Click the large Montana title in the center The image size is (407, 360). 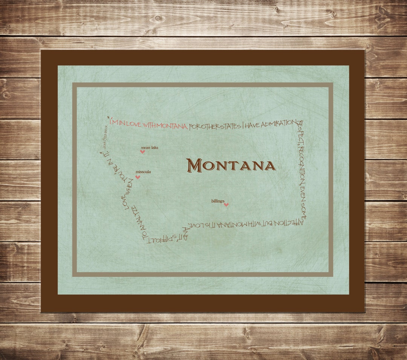coord(231,165)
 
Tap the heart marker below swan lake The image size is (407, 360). coord(142,152)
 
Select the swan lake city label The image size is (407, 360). coord(150,147)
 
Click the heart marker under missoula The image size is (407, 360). coord(138,177)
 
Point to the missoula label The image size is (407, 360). coord(143,172)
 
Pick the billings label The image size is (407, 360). coord(218,201)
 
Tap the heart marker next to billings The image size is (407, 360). coord(226,205)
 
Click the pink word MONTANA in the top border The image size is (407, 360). coord(171,126)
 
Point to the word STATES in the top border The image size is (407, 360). coord(228,126)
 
